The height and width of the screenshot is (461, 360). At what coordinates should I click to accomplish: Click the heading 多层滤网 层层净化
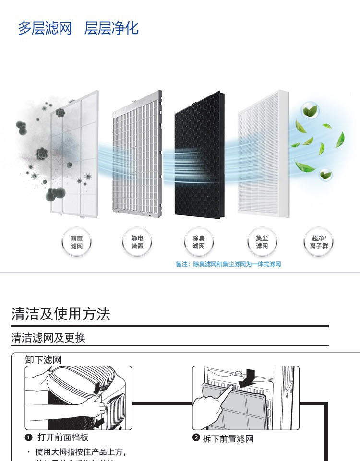coord(78,28)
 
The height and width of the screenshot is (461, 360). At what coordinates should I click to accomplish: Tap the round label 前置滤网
coord(77,242)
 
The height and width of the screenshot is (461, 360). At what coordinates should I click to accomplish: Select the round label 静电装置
coord(137,242)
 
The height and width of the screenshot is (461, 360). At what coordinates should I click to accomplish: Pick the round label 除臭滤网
coord(199,242)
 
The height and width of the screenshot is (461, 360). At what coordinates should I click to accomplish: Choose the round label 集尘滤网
coord(262,242)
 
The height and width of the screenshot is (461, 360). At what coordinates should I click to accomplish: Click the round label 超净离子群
coord(319,242)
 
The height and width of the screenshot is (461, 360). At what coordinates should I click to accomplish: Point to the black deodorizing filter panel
coord(198,154)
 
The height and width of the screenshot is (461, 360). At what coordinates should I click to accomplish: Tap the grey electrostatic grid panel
coord(137,154)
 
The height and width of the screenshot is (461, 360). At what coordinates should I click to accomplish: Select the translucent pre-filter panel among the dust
coord(74,154)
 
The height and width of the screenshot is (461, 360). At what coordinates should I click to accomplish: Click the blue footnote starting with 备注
coord(228,264)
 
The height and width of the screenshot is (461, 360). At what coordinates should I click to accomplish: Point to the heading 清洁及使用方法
coord(61,314)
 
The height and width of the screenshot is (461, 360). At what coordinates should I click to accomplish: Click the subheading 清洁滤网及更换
coord(48,338)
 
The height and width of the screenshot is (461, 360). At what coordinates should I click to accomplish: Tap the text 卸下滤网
coord(43,360)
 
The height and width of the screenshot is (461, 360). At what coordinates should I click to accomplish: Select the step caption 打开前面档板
coord(63,437)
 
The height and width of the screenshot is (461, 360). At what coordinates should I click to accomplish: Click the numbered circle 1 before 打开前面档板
coord(28,437)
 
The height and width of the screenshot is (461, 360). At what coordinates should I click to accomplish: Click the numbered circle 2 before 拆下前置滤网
coord(196,438)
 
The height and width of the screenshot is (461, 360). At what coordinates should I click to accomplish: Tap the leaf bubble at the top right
coord(311,110)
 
